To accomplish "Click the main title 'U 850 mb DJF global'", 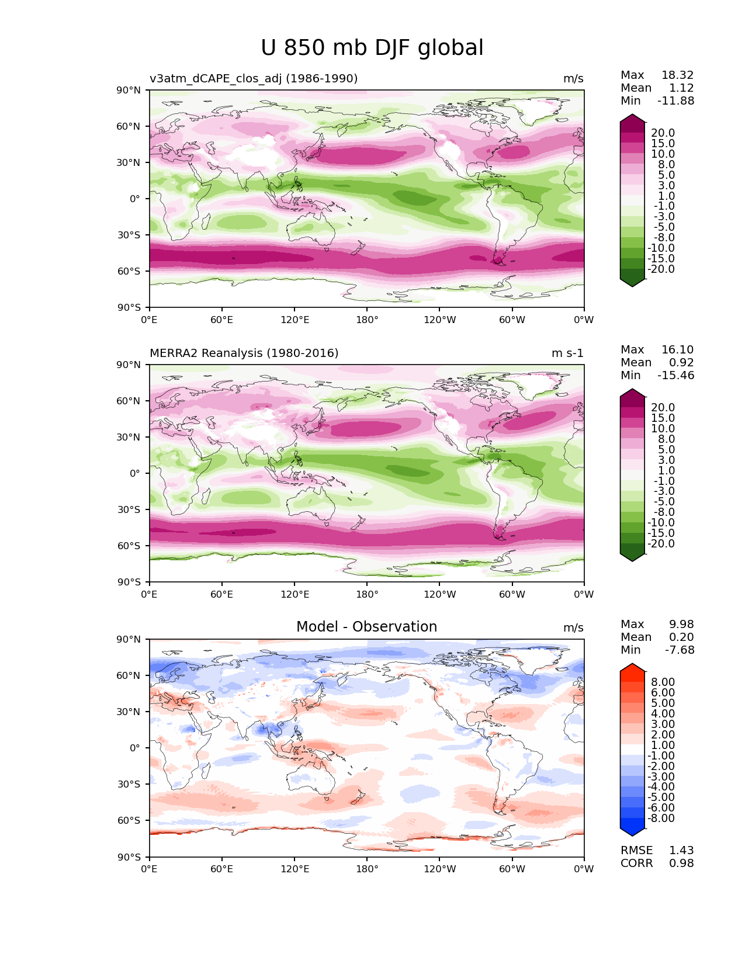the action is (x=372, y=47).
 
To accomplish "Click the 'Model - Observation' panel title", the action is (x=366, y=626).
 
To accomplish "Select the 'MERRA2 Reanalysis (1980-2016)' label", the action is (x=244, y=353).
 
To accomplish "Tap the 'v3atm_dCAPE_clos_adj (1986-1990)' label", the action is (x=254, y=78).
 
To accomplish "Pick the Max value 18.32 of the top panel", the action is (x=678, y=75).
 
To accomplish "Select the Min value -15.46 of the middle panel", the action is (x=676, y=375).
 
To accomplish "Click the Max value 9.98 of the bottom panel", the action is (x=681, y=624).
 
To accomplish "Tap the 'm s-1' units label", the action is (x=567, y=353).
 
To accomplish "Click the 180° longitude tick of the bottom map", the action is (x=367, y=869).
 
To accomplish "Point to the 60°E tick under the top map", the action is (x=222, y=320).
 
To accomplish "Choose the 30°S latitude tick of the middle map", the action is (x=129, y=509).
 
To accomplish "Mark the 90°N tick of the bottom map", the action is (x=129, y=639).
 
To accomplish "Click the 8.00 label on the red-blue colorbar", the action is (x=663, y=682).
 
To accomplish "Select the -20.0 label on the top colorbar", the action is (x=661, y=269).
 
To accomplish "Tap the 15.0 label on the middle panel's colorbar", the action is (x=663, y=418).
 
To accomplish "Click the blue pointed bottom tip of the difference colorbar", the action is (x=632, y=835).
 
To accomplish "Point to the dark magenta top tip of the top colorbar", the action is (x=632, y=115).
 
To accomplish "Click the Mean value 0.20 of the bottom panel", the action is (x=681, y=637).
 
